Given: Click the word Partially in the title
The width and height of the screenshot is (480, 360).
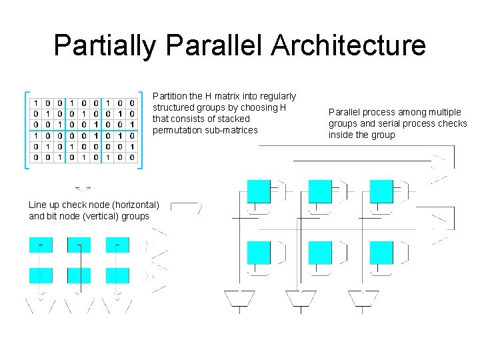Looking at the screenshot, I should click(x=105, y=45).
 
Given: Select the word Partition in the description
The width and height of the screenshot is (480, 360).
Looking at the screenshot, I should click(x=171, y=97).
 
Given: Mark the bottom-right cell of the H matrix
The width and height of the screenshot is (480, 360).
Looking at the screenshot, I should click(x=133, y=157).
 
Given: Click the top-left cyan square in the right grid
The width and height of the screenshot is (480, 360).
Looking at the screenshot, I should click(x=259, y=191).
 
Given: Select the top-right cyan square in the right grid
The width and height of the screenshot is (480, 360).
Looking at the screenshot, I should click(x=381, y=191).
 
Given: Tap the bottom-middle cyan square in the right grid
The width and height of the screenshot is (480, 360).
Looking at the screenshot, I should click(x=320, y=253).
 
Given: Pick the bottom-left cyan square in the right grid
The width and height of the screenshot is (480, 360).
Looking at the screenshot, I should click(x=259, y=253).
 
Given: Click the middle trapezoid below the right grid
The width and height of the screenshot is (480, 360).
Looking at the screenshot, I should click(x=301, y=298).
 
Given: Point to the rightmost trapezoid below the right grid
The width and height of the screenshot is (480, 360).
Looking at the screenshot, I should click(x=362, y=298).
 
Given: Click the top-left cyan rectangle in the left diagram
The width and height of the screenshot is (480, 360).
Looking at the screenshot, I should click(x=41, y=245).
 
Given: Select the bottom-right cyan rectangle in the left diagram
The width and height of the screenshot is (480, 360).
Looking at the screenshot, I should click(x=118, y=275).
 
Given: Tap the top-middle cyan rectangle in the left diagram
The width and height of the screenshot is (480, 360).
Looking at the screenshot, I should click(x=79, y=245).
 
